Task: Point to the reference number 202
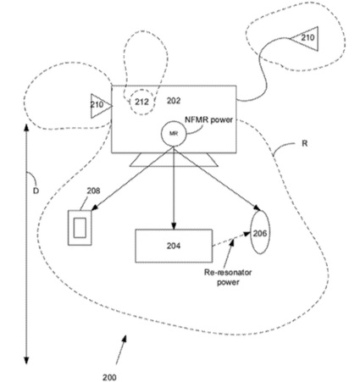pyautogui.click(x=174, y=101)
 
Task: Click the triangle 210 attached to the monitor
pyautogui.click(x=102, y=106)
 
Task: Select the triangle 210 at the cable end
pyautogui.click(x=305, y=38)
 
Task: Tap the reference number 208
pyautogui.click(x=93, y=191)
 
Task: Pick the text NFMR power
pyautogui.click(x=209, y=119)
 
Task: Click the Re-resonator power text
pyautogui.click(x=228, y=277)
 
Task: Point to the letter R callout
pyautogui.click(x=304, y=143)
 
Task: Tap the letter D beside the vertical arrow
pyautogui.click(x=36, y=191)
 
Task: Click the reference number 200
pyautogui.click(x=109, y=377)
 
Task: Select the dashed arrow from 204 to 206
pyautogui.click(x=231, y=240)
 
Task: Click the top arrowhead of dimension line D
pyautogui.click(x=26, y=127)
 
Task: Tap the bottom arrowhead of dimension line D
pyautogui.click(x=26, y=361)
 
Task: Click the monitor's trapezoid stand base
pyautogui.click(x=174, y=160)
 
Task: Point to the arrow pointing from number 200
pyautogui.click(x=121, y=349)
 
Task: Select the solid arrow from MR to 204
pyautogui.click(x=174, y=188)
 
